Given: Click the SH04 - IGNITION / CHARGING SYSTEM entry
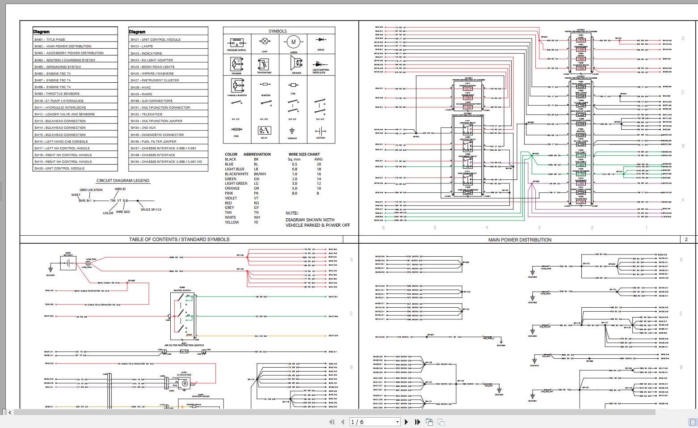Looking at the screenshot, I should click(x=65, y=60).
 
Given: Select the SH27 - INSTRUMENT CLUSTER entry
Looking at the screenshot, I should click(x=155, y=81).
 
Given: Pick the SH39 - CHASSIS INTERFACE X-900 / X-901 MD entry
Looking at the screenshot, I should click(x=166, y=162).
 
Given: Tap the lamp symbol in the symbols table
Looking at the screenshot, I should click(x=265, y=42).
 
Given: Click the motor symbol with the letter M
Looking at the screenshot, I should click(x=294, y=42).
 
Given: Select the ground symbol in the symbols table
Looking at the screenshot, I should click(x=292, y=131).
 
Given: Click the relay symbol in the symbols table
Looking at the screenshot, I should click(x=264, y=131).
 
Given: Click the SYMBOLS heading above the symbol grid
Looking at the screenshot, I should click(x=278, y=31).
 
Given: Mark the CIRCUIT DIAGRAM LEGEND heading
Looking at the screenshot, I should click(x=123, y=181).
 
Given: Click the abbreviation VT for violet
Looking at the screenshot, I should click(x=256, y=198).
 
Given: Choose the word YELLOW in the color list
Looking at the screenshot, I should click(x=232, y=222).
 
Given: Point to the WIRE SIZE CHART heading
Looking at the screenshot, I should click(x=304, y=154).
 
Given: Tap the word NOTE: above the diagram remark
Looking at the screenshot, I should click(x=292, y=213).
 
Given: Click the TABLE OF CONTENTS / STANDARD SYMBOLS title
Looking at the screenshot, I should click(x=179, y=239).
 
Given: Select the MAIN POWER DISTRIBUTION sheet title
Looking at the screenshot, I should click(x=520, y=240).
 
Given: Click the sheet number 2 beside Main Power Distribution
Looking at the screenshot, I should click(x=686, y=239).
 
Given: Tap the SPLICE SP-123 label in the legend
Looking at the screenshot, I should click(x=151, y=209).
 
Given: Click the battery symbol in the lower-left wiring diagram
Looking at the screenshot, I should click(x=68, y=263).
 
